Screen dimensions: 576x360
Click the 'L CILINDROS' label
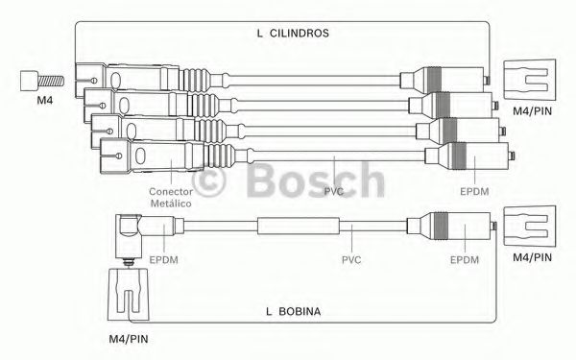293,33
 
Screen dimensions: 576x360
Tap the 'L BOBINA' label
293,311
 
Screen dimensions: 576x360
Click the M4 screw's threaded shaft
51,81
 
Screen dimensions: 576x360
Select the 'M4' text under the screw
45,100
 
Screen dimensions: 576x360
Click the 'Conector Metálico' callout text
171,197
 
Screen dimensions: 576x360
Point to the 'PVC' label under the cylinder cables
333,191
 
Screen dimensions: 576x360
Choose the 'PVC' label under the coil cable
351,260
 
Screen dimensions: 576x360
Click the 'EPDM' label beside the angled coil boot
163,260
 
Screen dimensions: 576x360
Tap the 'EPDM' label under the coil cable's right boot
465,260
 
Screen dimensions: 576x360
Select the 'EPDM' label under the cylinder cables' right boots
474,191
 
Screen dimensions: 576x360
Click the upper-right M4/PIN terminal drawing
529,80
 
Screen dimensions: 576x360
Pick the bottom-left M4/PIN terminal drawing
129,294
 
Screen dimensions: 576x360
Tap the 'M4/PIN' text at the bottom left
129,339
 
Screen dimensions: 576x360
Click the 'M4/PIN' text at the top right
532,111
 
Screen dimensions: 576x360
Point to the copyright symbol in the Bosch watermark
208,180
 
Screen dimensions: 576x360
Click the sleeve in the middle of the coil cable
299,226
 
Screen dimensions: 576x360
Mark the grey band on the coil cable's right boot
441,226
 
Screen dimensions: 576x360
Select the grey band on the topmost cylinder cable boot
434,80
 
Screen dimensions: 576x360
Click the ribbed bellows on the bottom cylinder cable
221,156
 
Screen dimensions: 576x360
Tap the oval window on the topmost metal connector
115,80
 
